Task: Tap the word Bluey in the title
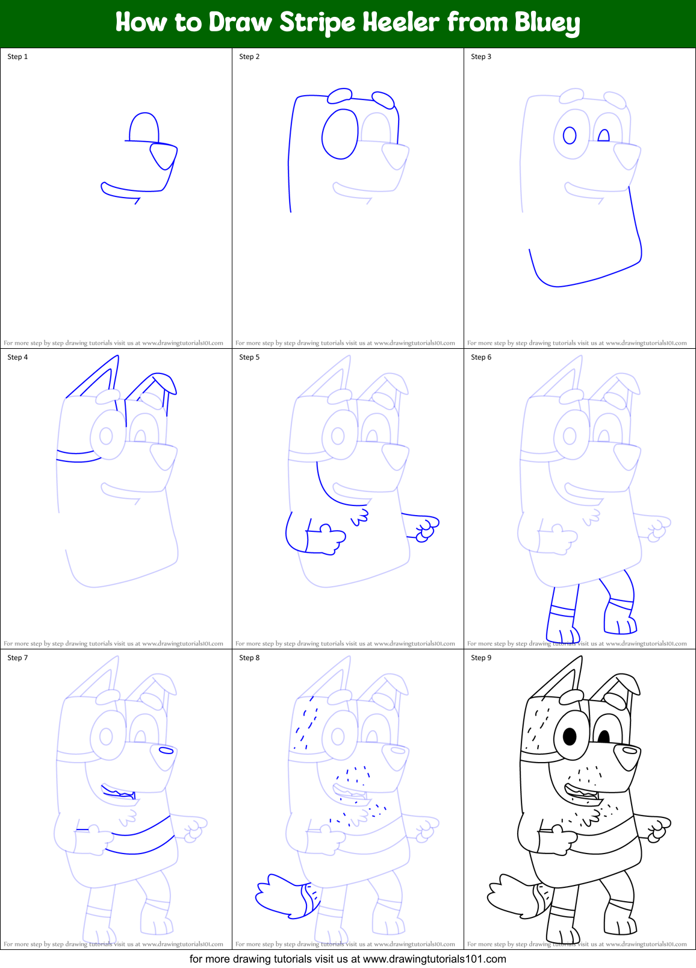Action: (x=547, y=23)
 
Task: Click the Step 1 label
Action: (x=17, y=57)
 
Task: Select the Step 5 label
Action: (x=249, y=357)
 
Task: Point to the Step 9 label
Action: (x=481, y=658)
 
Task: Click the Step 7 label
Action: (x=17, y=658)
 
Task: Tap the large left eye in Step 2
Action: (x=340, y=134)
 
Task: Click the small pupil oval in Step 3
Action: (x=570, y=135)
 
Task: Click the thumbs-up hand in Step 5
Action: (x=329, y=537)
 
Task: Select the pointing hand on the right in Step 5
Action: (x=426, y=528)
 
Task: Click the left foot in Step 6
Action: (x=562, y=632)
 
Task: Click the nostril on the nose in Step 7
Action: (x=166, y=751)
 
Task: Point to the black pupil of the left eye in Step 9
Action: (x=570, y=736)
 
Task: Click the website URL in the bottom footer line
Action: (x=434, y=959)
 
